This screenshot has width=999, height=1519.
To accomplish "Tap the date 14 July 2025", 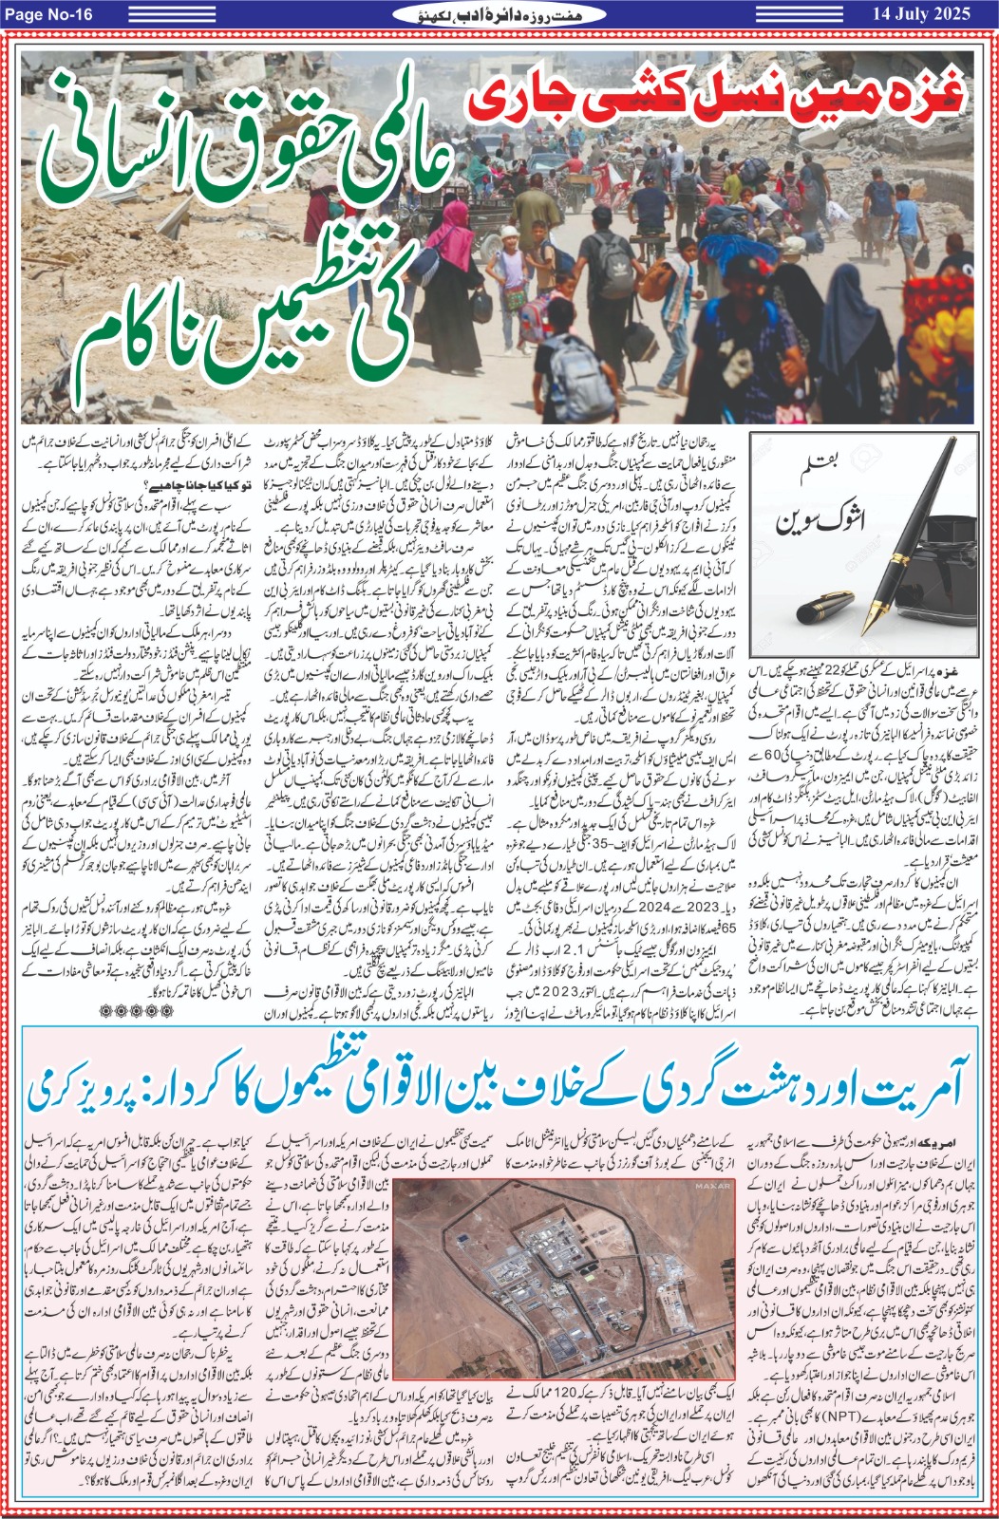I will (x=920, y=13).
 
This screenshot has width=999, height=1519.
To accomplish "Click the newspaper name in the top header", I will (x=499, y=13).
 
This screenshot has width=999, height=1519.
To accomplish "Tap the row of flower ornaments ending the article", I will (x=137, y=1011).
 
